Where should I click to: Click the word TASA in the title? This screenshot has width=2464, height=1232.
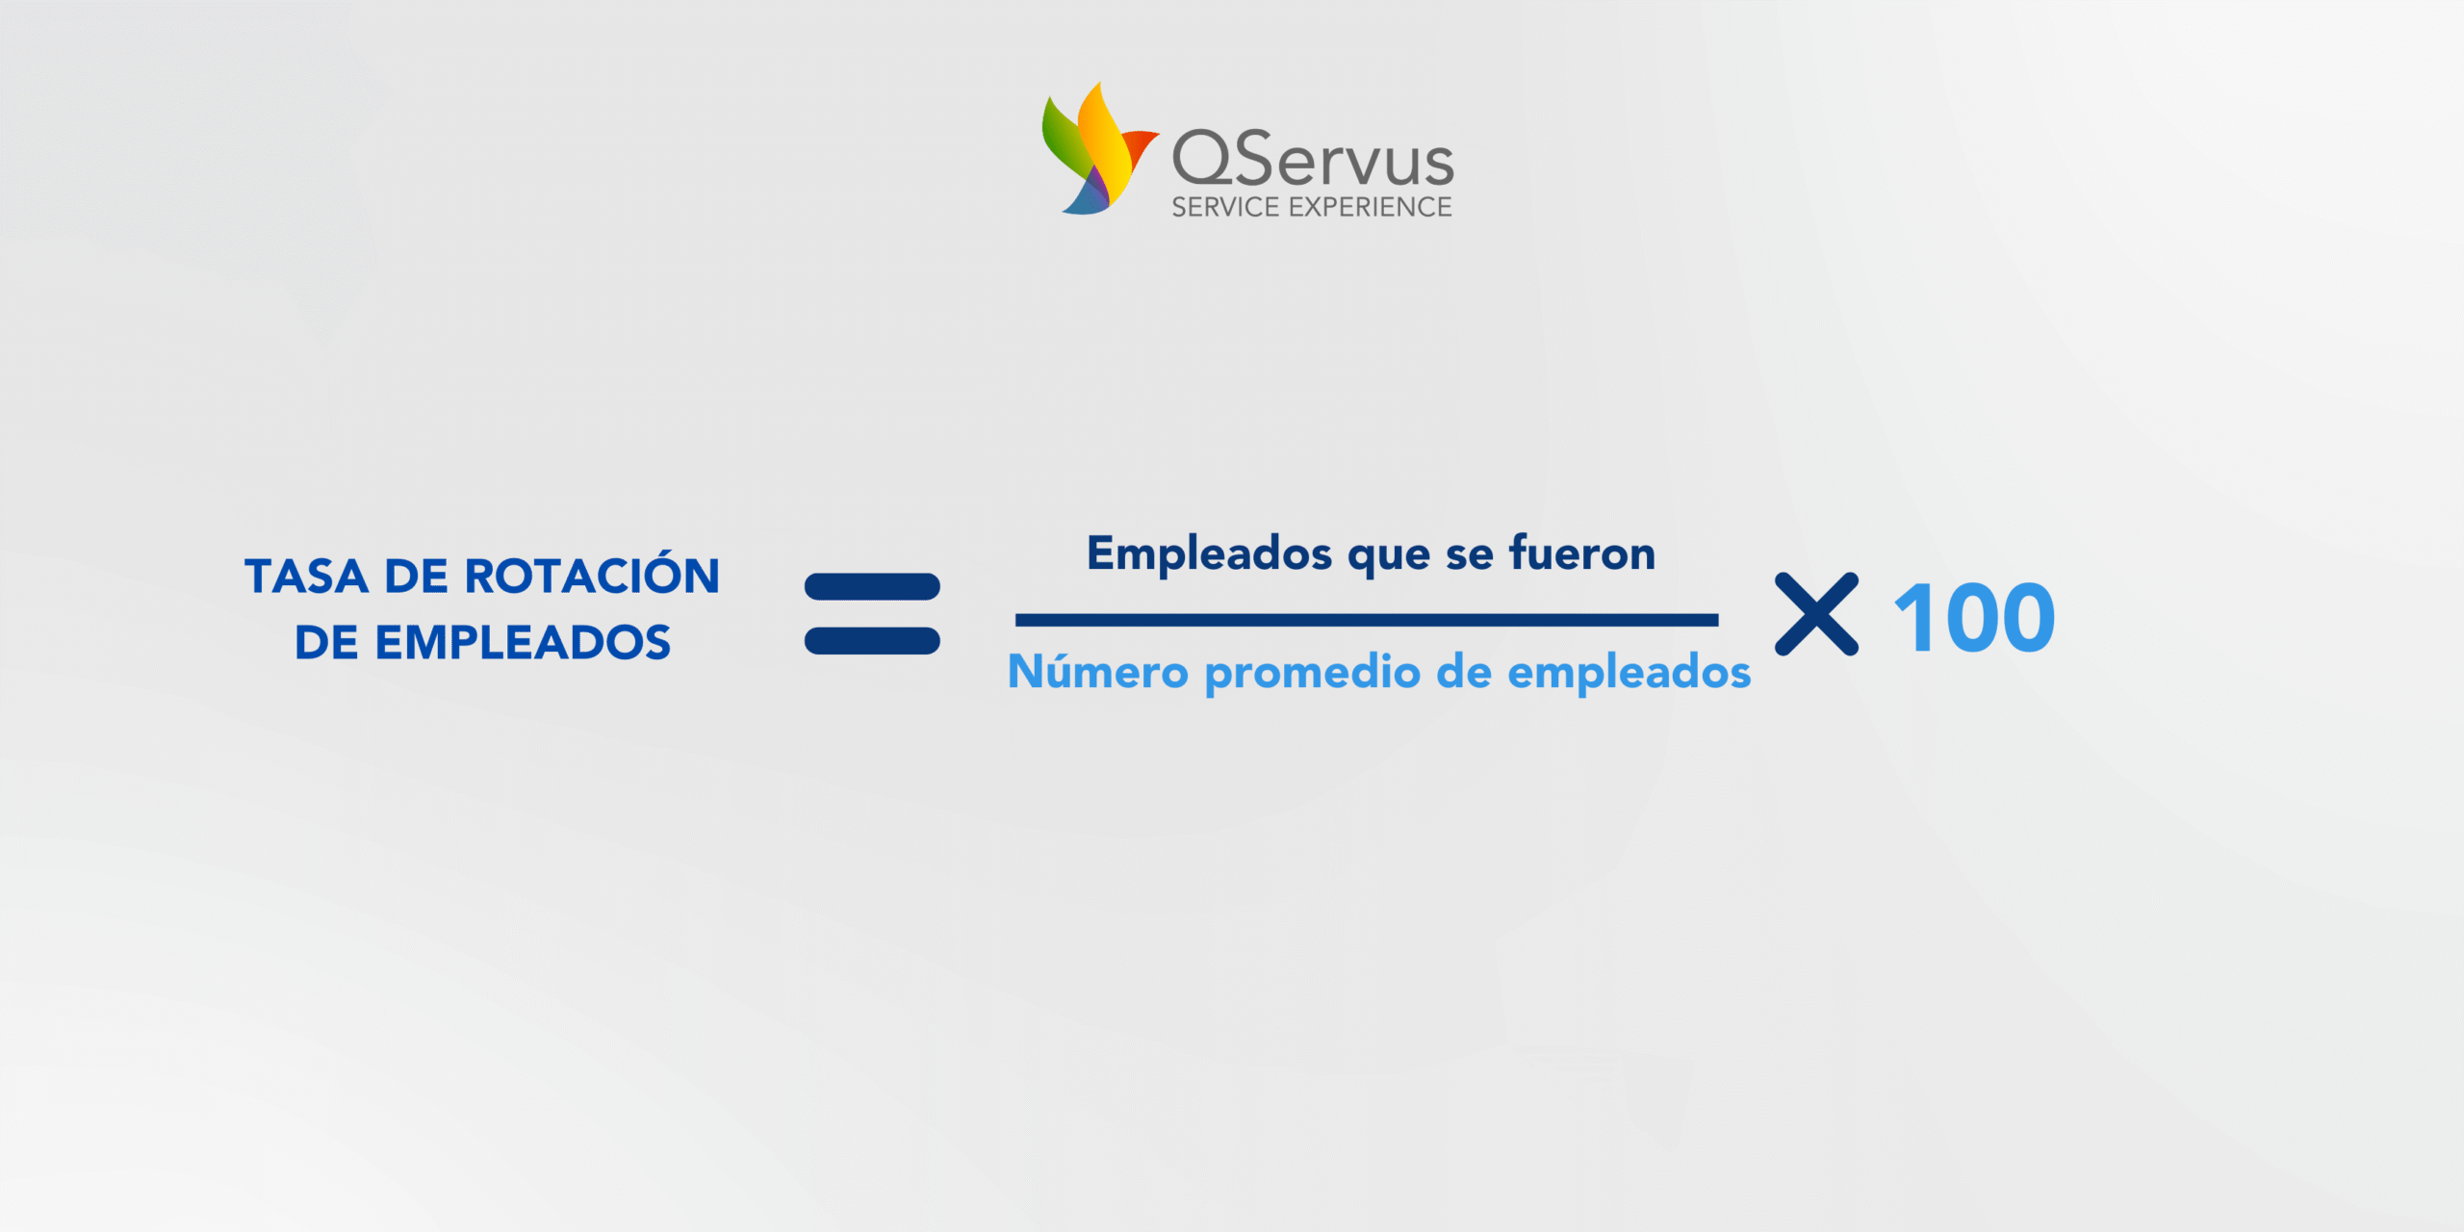(306, 577)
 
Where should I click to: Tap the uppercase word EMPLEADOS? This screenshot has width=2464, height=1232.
(523, 642)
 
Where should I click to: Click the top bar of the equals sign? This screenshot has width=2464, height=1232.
(872, 586)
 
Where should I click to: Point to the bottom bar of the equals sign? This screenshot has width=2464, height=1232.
(872, 641)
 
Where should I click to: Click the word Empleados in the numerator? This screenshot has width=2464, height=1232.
(1210, 554)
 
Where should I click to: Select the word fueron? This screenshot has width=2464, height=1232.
(1582, 552)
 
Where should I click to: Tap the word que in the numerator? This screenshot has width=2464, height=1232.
(1389, 558)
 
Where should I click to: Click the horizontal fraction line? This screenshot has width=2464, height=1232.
(1367, 620)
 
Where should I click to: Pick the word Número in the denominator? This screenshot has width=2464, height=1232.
(1098, 670)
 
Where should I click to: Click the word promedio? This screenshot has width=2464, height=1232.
(1313, 673)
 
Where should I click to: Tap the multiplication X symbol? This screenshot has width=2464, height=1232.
(1817, 614)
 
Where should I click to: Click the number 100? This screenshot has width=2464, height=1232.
(1974, 618)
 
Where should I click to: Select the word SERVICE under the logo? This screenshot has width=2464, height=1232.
(1225, 207)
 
